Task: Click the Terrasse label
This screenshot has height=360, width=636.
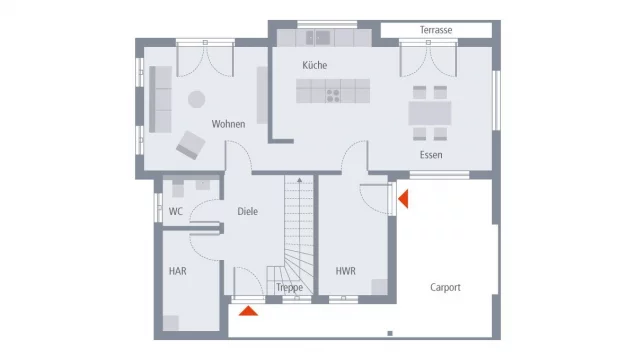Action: click(x=436, y=30)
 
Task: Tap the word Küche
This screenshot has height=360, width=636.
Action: click(x=315, y=65)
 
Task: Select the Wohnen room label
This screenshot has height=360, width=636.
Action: click(x=228, y=124)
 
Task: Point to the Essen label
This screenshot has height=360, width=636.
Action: click(x=431, y=155)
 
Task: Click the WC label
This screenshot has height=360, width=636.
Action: click(x=175, y=211)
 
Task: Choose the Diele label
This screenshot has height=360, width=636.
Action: click(x=248, y=211)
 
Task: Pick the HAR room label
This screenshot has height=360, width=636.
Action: click(x=177, y=270)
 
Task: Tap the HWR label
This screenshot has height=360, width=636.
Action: click(x=346, y=270)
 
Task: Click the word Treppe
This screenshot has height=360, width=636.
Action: click(x=289, y=288)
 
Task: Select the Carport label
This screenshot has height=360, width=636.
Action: click(x=446, y=287)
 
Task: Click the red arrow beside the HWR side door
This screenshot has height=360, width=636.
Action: click(x=403, y=200)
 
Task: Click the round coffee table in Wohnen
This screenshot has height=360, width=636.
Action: click(x=197, y=98)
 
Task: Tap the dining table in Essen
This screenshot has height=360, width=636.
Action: click(x=429, y=113)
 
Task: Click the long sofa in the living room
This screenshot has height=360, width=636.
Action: click(x=159, y=99)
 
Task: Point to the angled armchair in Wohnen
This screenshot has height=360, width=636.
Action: click(x=190, y=145)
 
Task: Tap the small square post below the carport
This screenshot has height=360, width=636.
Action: click(x=390, y=332)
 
